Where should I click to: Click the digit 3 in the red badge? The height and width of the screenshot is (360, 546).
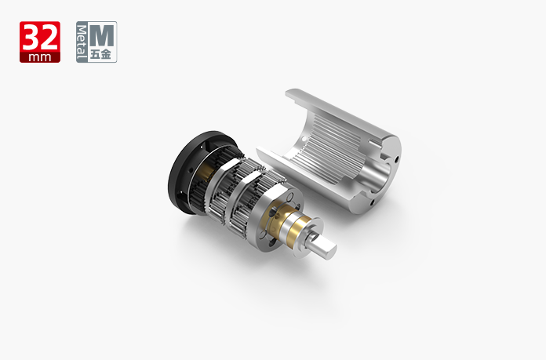[x=31, y=38]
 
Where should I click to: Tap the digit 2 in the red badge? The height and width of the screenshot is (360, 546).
[x=49, y=38]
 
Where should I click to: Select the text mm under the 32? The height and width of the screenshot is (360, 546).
[x=40, y=57]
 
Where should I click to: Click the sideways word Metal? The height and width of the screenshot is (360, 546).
[x=82, y=42]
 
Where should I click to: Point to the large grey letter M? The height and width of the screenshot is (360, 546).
[x=102, y=35]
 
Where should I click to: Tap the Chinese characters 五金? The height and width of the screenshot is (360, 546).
[x=101, y=55]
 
